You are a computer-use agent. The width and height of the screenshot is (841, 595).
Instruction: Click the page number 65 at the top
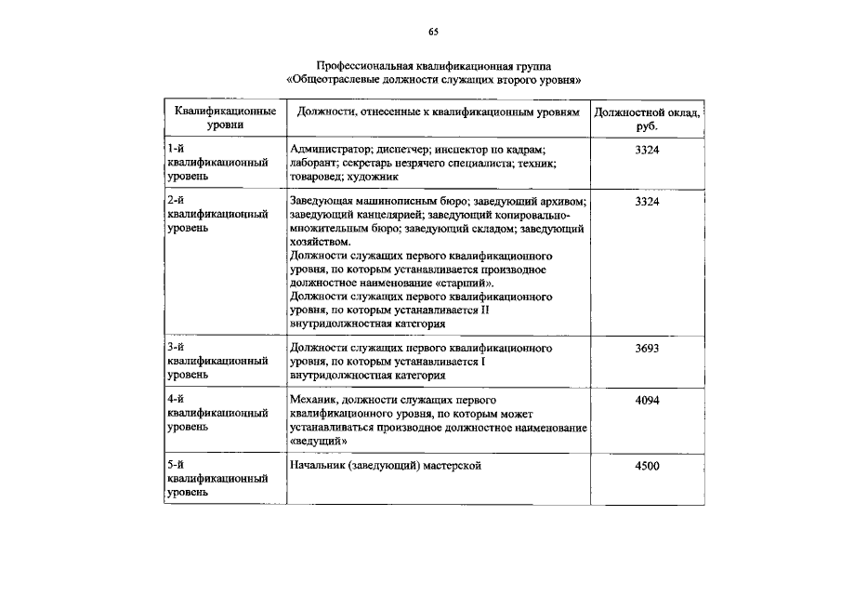coord(433,33)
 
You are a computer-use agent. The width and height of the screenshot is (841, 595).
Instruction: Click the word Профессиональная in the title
coord(361,67)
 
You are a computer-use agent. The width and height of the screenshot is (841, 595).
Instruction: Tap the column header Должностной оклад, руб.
coord(647,118)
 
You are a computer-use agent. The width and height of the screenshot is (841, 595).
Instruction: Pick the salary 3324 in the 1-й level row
coord(647,151)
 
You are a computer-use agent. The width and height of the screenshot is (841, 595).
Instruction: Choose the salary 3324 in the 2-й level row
coord(647,202)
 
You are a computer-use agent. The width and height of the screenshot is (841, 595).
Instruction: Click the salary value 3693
coord(647,349)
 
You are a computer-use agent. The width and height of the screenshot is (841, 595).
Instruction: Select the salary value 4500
coord(647,466)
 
